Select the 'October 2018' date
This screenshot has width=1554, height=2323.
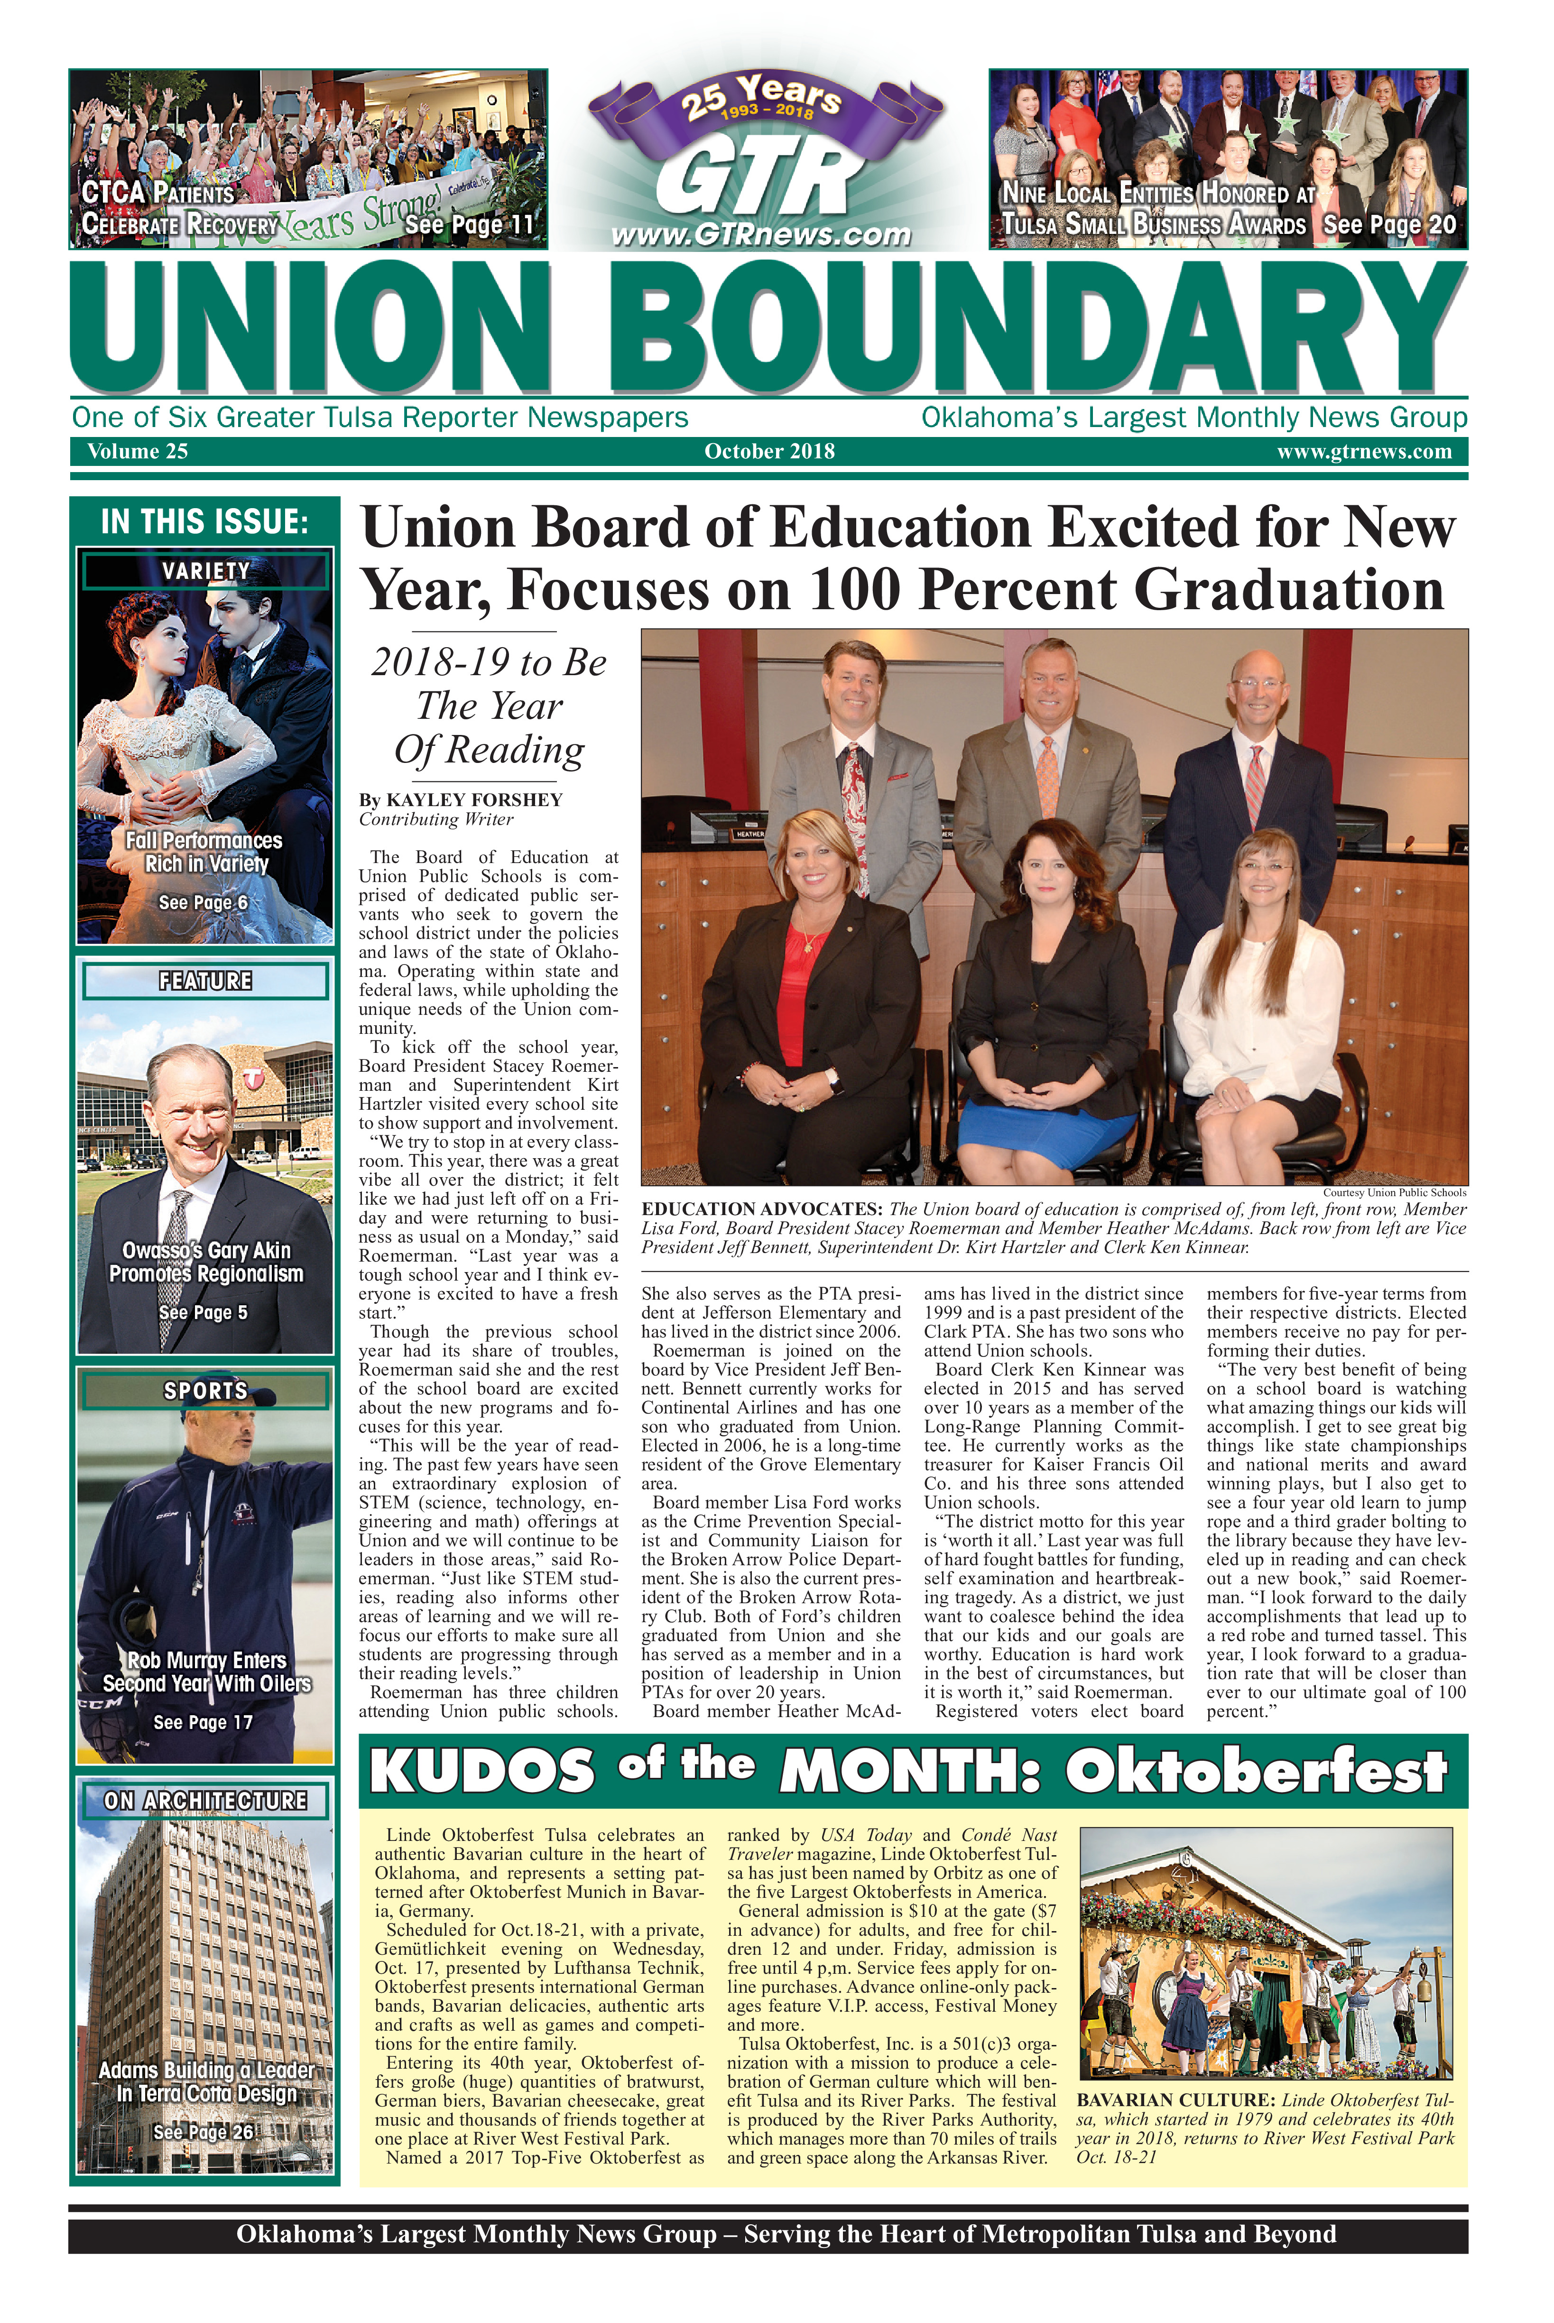coord(769,452)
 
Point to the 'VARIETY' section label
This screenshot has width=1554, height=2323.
coord(205,571)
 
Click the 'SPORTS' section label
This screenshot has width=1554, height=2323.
coord(205,1390)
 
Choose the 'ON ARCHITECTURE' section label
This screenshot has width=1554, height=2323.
coord(205,1801)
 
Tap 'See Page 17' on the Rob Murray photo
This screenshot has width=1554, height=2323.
coord(203,1722)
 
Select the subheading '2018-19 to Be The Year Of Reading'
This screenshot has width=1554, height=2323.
coord(489,706)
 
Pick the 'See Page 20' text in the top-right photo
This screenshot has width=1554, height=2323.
coord(1389,225)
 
